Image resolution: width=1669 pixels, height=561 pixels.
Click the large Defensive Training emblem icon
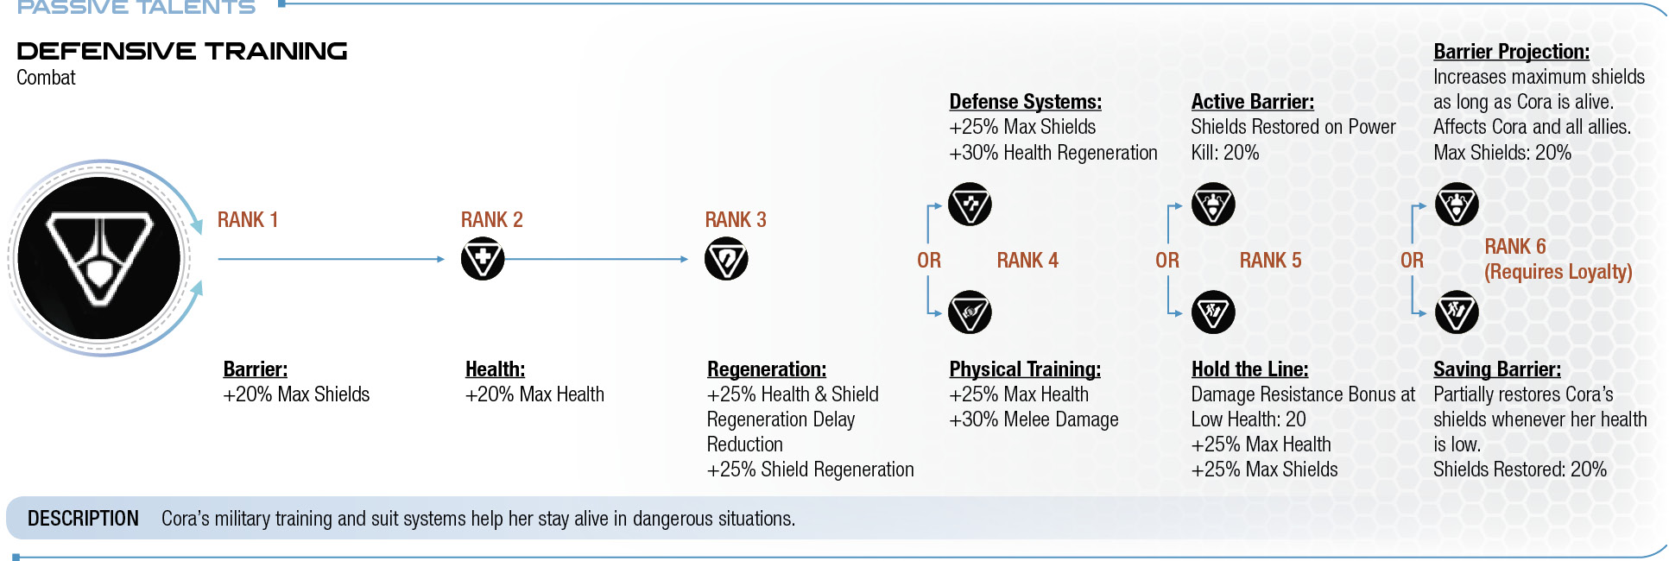99,258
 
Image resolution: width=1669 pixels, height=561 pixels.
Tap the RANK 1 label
248,220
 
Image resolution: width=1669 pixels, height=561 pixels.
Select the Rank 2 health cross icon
483,259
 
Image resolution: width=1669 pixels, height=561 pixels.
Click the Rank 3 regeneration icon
726,259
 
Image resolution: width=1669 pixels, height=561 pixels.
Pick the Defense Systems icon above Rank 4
970,205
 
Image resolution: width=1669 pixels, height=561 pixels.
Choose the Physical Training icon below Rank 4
970,312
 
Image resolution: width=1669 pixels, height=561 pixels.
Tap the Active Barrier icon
1213,205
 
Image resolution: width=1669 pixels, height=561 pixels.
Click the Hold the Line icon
1213,312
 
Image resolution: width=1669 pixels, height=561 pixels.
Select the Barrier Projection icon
1457,205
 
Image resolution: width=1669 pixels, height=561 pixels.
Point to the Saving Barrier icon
1457,312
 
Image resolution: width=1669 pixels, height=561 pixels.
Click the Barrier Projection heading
1511,52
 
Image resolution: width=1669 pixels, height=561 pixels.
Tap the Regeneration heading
767,369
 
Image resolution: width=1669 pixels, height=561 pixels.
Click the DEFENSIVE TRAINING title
182,51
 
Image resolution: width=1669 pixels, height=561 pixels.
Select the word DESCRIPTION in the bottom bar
83,519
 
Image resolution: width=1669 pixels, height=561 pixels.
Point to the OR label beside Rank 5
1167,261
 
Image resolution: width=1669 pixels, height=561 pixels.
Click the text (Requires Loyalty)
1558,272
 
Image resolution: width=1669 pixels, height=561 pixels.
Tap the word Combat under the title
46,78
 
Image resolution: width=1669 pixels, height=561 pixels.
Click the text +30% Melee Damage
1034,419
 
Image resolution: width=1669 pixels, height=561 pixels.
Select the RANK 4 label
1027,261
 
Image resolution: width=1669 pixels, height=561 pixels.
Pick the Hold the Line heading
1249,369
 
